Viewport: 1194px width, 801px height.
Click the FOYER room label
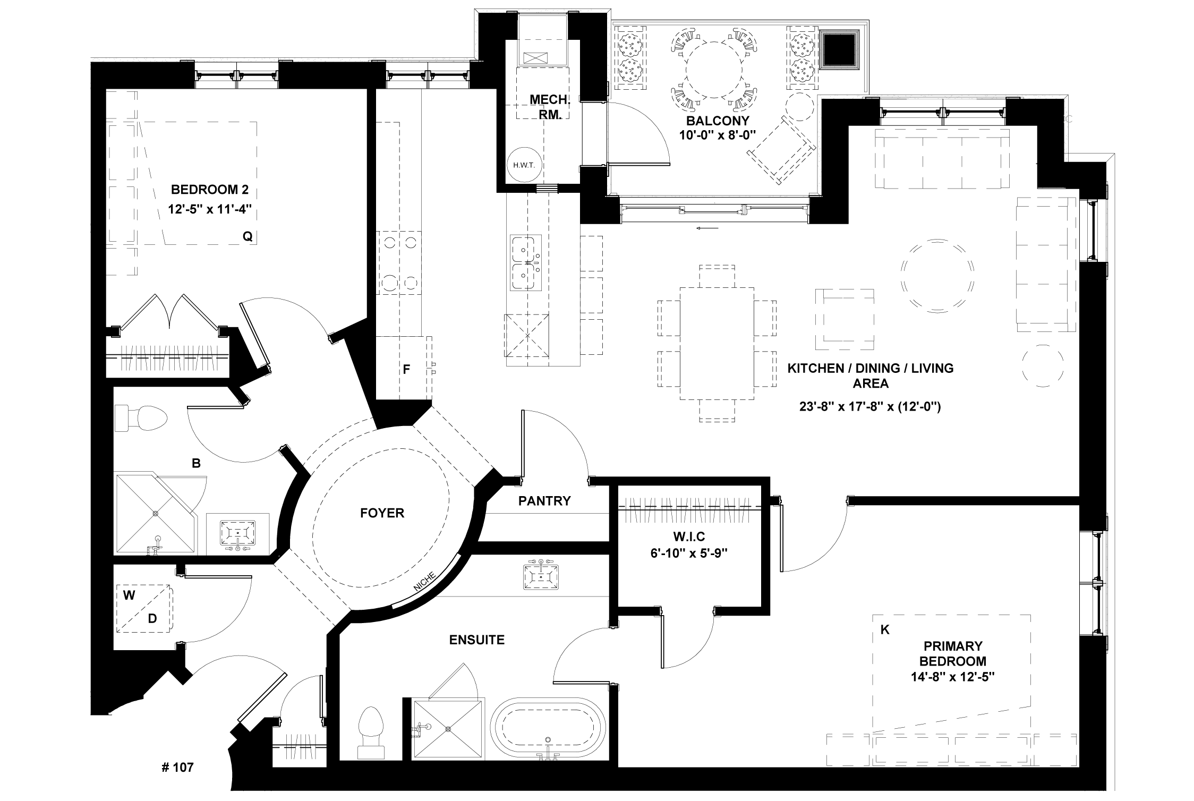382,513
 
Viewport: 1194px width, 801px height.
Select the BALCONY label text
710,121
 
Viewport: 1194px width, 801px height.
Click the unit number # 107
177,767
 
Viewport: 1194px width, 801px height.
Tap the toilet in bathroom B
141,419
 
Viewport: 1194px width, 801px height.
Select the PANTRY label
544,501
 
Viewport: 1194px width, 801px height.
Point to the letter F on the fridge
406,370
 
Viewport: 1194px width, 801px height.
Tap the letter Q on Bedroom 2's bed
247,237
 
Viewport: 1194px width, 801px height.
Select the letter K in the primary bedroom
885,630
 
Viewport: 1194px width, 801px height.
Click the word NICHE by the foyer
425,581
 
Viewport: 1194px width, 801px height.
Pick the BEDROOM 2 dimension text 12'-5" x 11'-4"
209,209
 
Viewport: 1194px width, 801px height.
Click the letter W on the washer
129,595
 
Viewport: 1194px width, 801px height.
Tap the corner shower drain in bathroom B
156,514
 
